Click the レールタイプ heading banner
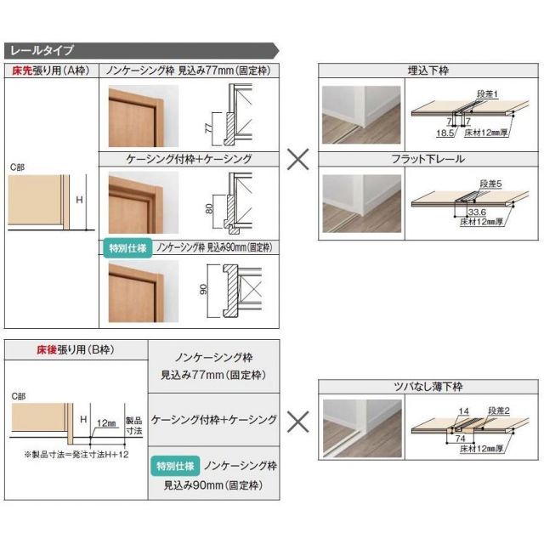point(42,49)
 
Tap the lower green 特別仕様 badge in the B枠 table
point(178,466)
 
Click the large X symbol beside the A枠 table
point(297,159)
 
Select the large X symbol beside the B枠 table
point(297,419)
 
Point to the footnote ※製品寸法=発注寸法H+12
point(76,455)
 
